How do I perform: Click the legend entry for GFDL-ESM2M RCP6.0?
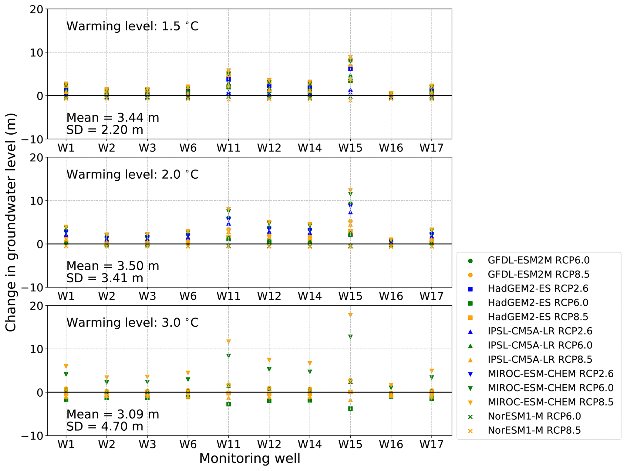pos(538,261)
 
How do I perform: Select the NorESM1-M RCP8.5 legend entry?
pos(534,431)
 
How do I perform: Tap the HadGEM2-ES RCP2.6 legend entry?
pos(538,289)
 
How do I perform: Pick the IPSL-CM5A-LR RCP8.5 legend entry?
pos(540,360)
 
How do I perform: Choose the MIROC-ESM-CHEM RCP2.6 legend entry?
pos(550,374)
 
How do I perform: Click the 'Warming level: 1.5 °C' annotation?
pos(132,26)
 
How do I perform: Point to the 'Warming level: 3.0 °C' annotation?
pos(132,323)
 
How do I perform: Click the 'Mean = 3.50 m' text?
pos(113,266)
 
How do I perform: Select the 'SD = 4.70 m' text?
pos(105,427)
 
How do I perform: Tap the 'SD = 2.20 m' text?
pos(105,130)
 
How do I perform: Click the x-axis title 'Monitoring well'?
pos(249,459)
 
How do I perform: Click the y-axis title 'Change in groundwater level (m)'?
pos(11,222)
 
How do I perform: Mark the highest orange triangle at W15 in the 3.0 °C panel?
pos(350,315)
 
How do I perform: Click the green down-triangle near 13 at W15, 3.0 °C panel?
pos(350,337)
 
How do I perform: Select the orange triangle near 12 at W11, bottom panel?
pos(229,342)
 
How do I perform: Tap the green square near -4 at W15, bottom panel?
pos(350,409)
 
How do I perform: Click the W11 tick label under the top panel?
pos(228,148)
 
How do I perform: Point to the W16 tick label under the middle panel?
pos(391,296)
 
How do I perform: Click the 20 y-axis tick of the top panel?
pos(36,9)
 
